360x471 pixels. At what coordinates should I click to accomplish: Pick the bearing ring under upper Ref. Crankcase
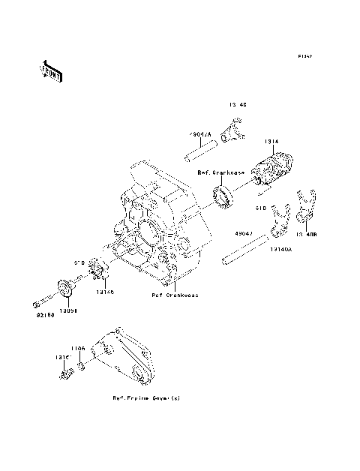tap(224, 199)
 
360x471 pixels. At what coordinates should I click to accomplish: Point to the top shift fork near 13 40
tap(233, 130)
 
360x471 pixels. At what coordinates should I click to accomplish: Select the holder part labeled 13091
tap(67, 288)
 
